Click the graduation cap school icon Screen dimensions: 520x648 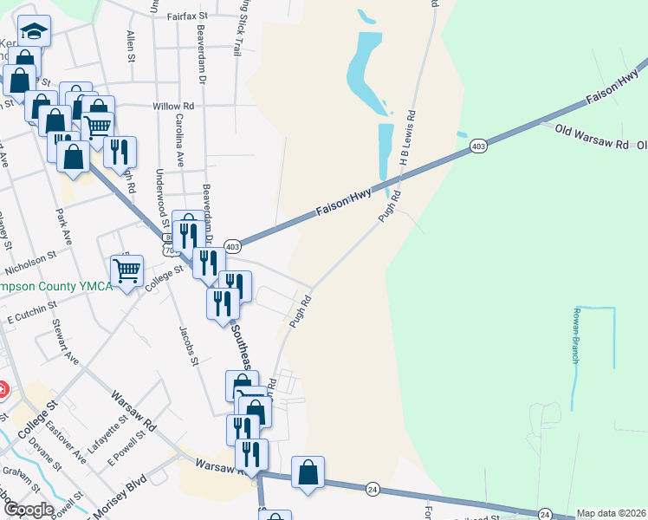(34, 33)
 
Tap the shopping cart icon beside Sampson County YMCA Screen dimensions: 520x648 (127, 271)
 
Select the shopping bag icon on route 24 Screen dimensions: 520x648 (308, 473)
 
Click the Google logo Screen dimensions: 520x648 (28, 510)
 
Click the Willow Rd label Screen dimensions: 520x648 (173, 106)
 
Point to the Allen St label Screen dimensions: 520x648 (130, 46)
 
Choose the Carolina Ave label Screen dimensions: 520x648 (180, 140)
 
